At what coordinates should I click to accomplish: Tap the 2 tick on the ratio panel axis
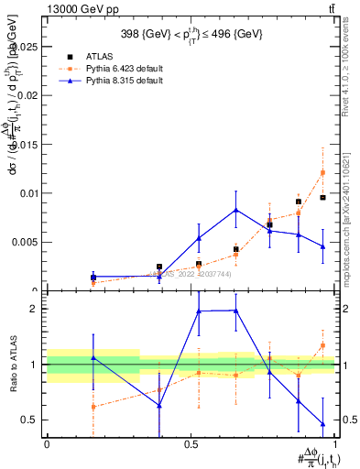point(35,309)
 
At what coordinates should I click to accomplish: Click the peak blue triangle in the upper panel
point(236,210)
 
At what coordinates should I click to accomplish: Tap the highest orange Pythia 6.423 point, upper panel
point(322,172)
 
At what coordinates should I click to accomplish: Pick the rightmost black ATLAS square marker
point(322,197)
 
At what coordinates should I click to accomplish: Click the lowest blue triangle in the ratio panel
point(322,424)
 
